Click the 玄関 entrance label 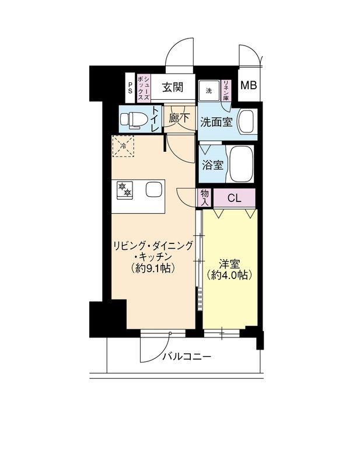(x=173, y=88)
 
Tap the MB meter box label (x=249, y=85)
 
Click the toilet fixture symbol (x=132, y=120)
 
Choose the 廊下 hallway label (x=179, y=118)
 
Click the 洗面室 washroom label (x=217, y=123)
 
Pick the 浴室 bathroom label (x=212, y=165)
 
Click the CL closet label (x=234, y=198)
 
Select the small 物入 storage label (x=205, y=197)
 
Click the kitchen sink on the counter (x=153, y=190)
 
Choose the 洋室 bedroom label (x=230, y=263)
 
